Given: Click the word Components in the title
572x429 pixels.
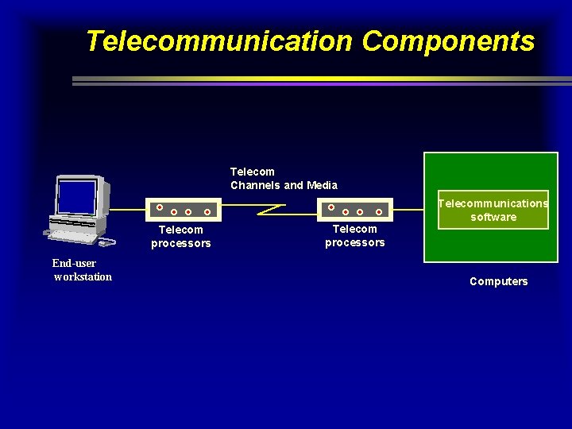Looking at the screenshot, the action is pos(448,41).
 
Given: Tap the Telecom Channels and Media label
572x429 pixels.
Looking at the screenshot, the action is pos(284,178).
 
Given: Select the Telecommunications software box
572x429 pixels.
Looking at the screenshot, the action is pos(493,210).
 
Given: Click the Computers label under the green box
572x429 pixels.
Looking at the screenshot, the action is pos(498,281).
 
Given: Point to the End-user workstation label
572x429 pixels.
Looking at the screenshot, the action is pos(82,270).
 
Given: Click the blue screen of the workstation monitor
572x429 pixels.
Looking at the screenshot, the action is pos(78,196).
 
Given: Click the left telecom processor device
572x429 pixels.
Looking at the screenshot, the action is pos(184,211).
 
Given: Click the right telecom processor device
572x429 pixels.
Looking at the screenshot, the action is pos(356,210).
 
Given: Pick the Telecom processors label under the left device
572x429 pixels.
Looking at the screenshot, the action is pos(181,237).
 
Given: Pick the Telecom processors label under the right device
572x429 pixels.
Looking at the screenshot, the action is pos(354,236).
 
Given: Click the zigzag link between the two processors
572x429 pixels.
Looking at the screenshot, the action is pos(270,210).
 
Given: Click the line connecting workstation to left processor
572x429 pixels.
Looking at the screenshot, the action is pos(127,210).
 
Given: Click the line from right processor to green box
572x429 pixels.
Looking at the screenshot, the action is pos(408,210).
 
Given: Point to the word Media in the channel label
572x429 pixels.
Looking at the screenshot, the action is pos(322,185).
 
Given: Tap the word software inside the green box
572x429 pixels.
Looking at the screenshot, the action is pos(493,217).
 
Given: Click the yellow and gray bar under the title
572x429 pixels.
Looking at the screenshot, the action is pos(318,80).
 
